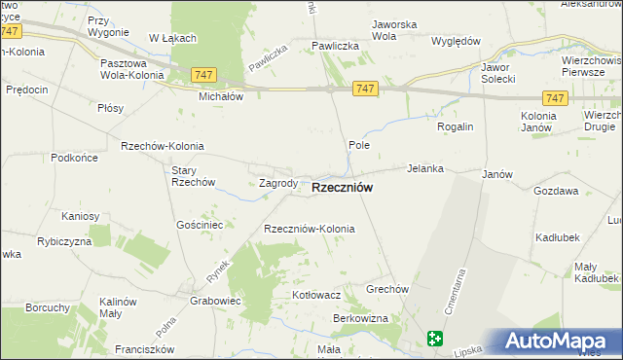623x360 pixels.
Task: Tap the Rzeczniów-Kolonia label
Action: coord(310,229)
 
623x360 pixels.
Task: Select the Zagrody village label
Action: coord(278,183)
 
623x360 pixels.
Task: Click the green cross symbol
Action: coord(434,339)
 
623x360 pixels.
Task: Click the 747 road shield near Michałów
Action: coord(203,75)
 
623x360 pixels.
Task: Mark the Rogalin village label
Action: coord(454,126)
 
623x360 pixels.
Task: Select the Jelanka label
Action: coord(425,168)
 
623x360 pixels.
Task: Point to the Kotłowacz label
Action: coord(316,294)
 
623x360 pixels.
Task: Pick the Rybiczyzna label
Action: coord(64,240)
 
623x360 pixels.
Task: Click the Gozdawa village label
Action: coord(556,191)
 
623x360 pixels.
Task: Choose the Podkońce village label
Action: coord(76,157)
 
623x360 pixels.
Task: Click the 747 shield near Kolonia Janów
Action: coord(555,98)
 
